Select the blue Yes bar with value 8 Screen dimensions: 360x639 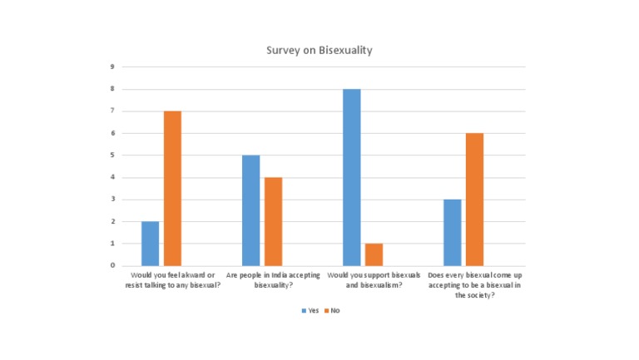[351, 177]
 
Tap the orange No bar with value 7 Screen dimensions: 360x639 [172, 188]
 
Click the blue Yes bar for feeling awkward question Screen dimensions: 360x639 [150, 244]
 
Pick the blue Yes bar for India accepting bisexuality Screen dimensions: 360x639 [250, 210]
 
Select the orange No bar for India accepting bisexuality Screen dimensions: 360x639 [273, 221]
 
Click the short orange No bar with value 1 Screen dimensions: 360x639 [374, 254]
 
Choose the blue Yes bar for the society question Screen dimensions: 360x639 [452, 232]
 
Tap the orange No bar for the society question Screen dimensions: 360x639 [474, 200]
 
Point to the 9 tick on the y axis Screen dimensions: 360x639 [112, 67]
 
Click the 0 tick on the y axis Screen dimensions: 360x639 [112, 265]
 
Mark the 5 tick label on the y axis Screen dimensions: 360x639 [112, 155]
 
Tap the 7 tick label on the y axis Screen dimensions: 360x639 [112, 111]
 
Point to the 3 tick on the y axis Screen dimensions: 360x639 [112, 200]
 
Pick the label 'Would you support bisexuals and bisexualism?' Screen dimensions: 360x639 [363, 279]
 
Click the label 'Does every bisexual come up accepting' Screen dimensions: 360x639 [475, 279]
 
